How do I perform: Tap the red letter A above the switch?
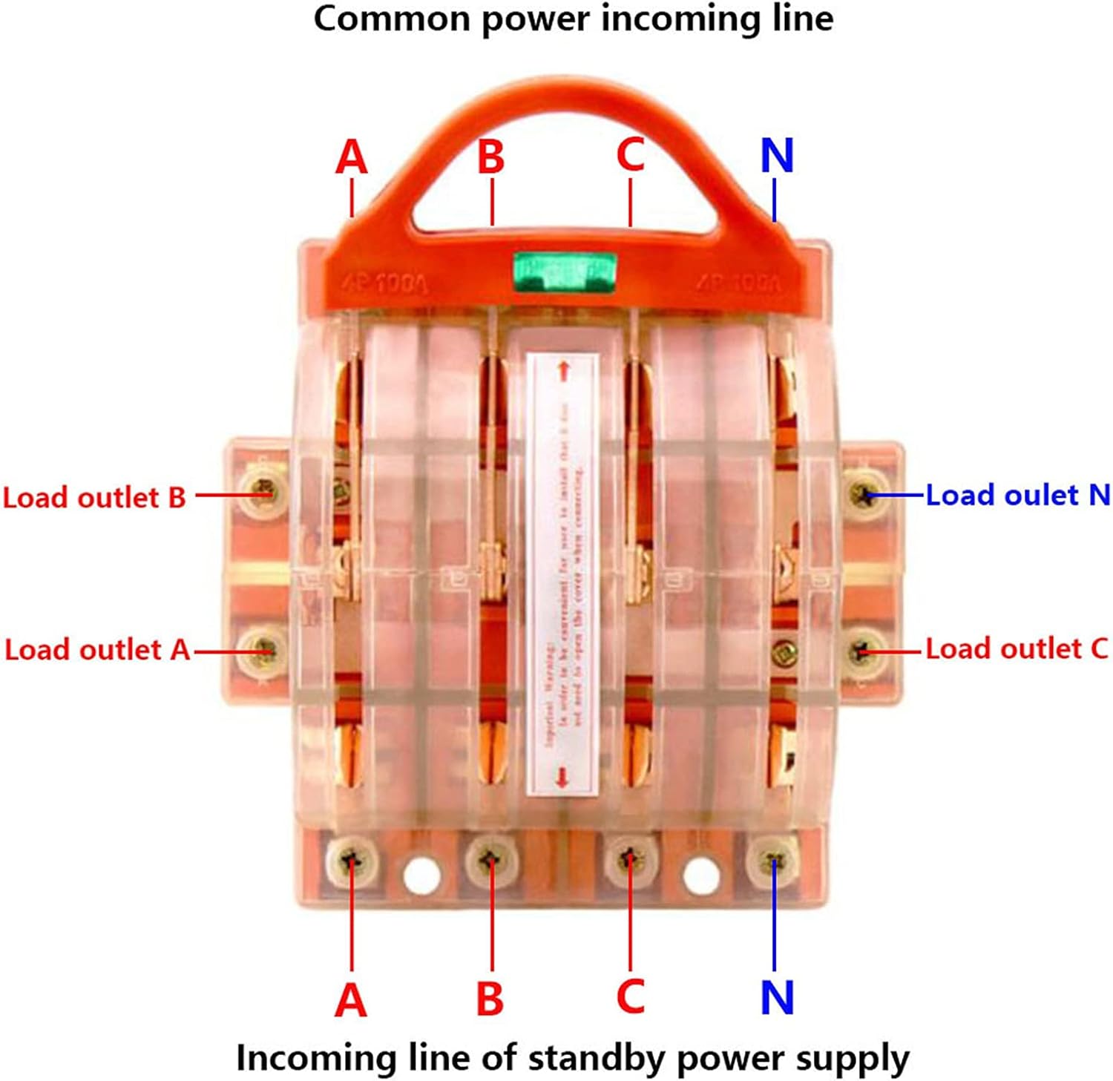pyautogui.click(x=352, y=157)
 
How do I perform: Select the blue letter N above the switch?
pyautogui.click(x=777, y=155)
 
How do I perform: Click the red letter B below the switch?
pyautogui.click(x=490, y=998)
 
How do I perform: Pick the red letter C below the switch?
pyautogui.click(x=631, y=996)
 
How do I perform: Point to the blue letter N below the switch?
pyautogui.click(x=777, y=997)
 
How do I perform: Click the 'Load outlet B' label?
pyautogui.click(x=94, y=497)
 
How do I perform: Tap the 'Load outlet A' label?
pyautogui.click(x=97, y=649)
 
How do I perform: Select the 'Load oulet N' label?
pyautogui.click(x=1017, y=495)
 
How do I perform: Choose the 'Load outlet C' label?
pyautogui.click(x=1016, y=648)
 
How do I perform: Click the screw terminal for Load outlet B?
pyautogui.click(x=263, y=490)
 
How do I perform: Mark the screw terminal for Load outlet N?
pyautogui.click(x=864, y=493)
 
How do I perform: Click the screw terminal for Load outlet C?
pyautogui.click(x=862, y=651)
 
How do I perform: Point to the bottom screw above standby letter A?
pyautogui.click(x=352, y=861)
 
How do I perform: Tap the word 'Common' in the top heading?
pyautogui.click(x=390, y=18)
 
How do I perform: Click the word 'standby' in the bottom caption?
pyautogui.click(x=596, y=1058)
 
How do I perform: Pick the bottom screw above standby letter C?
pyautogui.click(x=630, y=861)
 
